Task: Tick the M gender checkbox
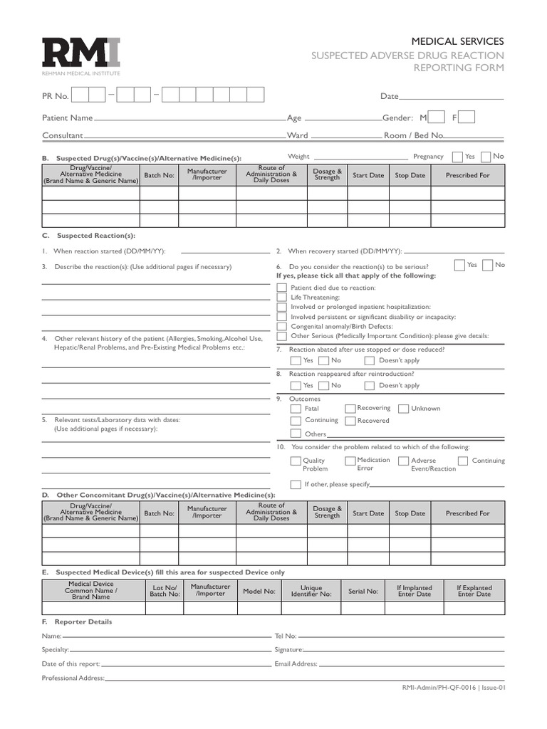[x=438, y=117]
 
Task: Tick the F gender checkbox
[x=467, y=117]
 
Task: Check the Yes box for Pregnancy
[x=457, y=157]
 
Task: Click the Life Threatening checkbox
[x=282, y=298]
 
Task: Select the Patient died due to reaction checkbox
[x=282, y=288]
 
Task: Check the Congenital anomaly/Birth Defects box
[x=282, y=327]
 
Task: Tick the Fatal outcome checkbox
[x=296, y=409]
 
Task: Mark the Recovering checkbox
[x=350, y=409]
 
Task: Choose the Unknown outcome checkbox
[x=403, y=409]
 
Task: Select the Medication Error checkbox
[x=350, y=461]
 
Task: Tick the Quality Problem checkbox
[x=296, y=461]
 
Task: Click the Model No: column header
[x=259, y=591]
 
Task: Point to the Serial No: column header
[x=363, y=591]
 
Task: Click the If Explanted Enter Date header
[x=474, y=591]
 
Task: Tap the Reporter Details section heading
[x=83, y=622]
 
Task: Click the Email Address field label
[x=296, y=664]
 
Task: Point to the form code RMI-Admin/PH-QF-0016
[x=439, y=688]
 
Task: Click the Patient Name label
[x=67, y=118]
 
